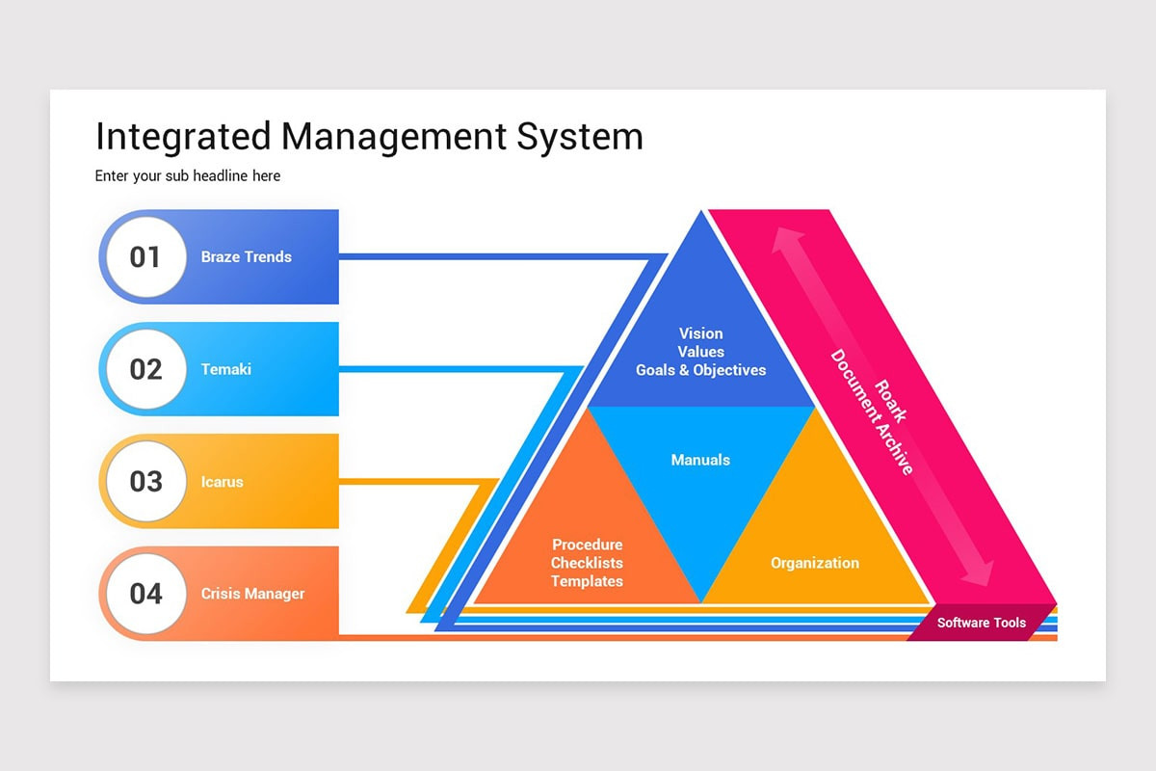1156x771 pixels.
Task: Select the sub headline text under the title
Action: [x=188, y=176]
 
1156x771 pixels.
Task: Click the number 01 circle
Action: [x=145, y=257]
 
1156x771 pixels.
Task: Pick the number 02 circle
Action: [x=145, y=369]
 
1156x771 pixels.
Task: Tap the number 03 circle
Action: [x=145, y=481]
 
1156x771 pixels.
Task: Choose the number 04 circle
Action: [x=145, y=594]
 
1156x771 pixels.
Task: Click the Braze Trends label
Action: [x=246, y=257]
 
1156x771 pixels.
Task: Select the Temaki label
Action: [x=225, y=369]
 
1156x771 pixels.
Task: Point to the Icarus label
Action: [x=222, y=482]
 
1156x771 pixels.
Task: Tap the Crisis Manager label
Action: [x=252, y=594]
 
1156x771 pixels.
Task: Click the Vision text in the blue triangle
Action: [x=700, y=333]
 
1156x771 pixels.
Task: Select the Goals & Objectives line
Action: [x=700, y=370]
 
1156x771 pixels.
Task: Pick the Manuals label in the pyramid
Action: [x=700, y=461]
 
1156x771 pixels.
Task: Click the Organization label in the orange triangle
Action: [x=814, y=563]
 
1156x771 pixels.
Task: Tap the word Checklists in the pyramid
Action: [x=587, y=563]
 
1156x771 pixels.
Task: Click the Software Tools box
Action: [x=982, y=623]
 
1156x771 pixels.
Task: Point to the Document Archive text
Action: [x=872, y=412]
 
